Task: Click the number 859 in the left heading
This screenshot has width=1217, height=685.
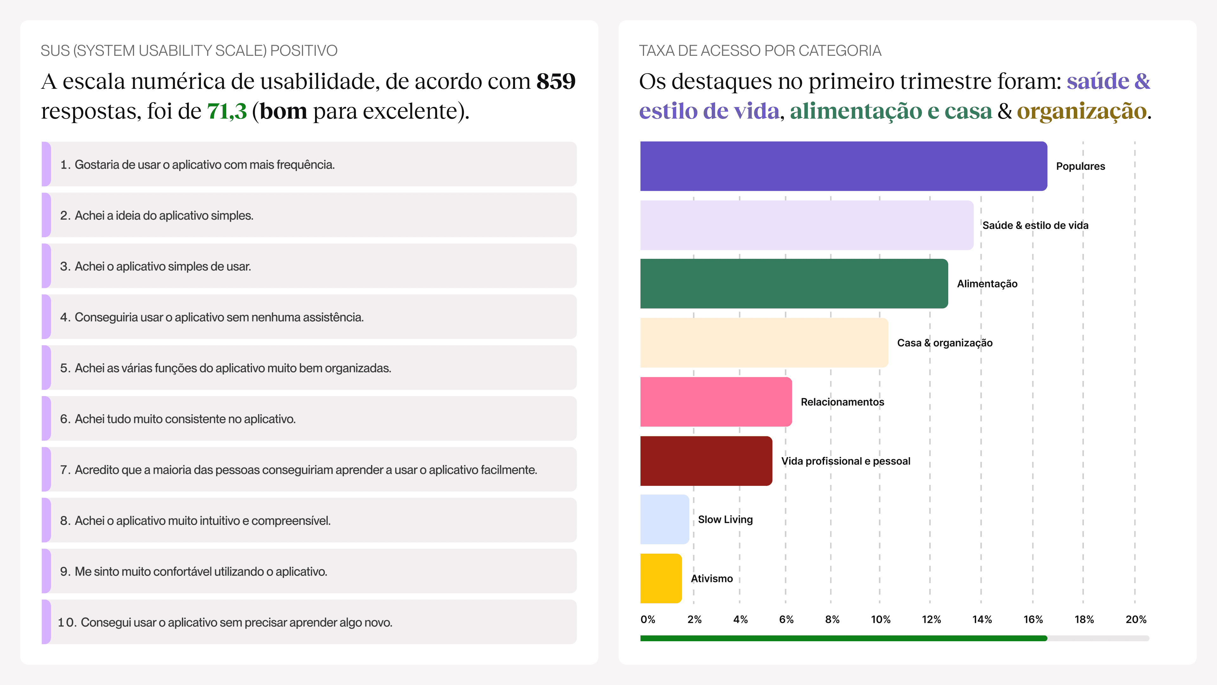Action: [x=556, y=81]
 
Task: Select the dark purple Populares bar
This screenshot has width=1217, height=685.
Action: [x=843, y=166]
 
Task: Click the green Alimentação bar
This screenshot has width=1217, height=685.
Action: [x=794, y=284]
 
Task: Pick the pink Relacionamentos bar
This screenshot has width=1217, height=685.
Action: [x=716, y=402]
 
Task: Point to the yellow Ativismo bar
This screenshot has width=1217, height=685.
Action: [x=661, y=578]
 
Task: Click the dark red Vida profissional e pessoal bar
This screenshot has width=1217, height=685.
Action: [x=706, y=461]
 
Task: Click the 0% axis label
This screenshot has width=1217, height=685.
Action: [x=648, y=619]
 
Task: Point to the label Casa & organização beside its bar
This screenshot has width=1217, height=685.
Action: [x=944, y=343]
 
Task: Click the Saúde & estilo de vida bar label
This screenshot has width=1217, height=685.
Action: [x=1035, y=225]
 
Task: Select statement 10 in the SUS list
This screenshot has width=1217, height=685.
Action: [x=225, y=622]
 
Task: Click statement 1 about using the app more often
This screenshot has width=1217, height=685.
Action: [x=197, y=165]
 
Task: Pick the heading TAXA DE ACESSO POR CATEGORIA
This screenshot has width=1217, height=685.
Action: [x=760, y=51]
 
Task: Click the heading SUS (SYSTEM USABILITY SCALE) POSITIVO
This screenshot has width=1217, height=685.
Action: [x=189, y=51]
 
